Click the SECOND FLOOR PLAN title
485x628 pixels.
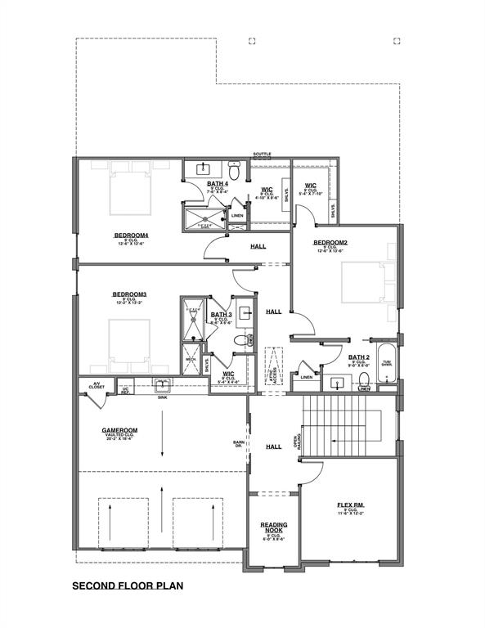(x=127, y=585)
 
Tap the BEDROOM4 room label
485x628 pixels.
(x=131, y=235)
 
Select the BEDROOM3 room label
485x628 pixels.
(x=129, y=294)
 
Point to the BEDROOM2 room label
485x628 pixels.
(x=331, y=243)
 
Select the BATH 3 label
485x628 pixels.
(x=221, y=315)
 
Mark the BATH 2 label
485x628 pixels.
(x=358, y=357)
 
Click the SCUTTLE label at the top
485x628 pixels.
(x=262, y=154)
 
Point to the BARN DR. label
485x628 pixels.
(x=239, y=446)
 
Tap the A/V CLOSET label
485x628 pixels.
(x=96, y=385)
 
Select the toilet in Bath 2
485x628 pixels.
(x=366, y=378)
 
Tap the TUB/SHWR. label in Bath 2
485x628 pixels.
(x=386, y=364)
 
